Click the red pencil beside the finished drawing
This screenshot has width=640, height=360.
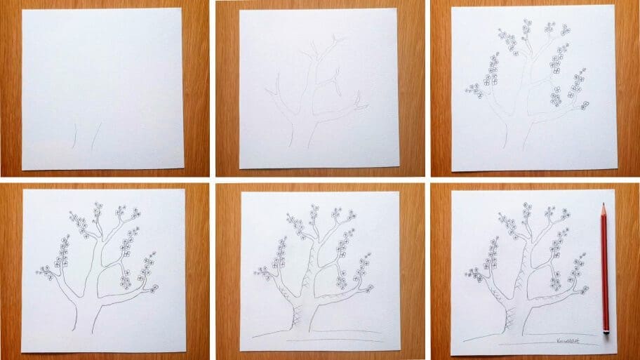(604, 267)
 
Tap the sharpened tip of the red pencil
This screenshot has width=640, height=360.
(603, 206)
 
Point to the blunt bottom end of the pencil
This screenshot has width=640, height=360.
(606, 330)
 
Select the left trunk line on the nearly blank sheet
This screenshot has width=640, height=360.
(74, 138)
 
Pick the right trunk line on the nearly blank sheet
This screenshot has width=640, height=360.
(95, 136)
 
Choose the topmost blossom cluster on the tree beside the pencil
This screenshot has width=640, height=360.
(527, 208)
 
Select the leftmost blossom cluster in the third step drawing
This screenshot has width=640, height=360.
(475, 89)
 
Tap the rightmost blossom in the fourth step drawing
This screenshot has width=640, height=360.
(154, 288)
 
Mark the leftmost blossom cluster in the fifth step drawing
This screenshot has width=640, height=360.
(264, 272)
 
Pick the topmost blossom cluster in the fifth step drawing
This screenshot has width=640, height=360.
(313, 208)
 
